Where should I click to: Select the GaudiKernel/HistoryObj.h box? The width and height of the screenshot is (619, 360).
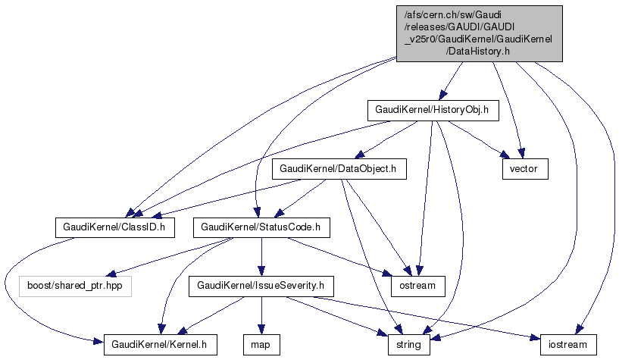pos(431,110)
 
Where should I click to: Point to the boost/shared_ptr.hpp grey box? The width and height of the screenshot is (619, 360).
pos(74,286)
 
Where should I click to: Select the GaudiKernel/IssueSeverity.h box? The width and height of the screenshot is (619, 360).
pos(261,286)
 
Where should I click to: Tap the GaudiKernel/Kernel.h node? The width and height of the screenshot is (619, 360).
pos(161,345)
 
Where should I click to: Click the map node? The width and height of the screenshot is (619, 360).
pos(261,345)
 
